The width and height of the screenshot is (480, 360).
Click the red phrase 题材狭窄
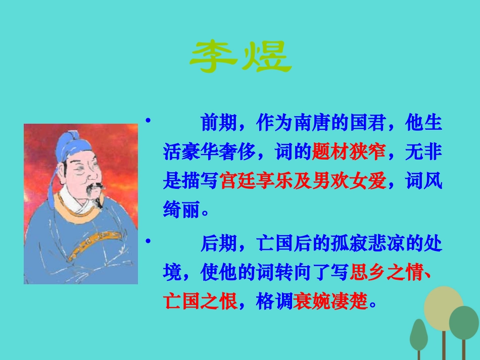point(349,151)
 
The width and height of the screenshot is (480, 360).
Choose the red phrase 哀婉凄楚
point(330,302)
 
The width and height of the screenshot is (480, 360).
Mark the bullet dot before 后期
point(148,242)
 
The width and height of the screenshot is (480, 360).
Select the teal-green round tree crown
point(464,323)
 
